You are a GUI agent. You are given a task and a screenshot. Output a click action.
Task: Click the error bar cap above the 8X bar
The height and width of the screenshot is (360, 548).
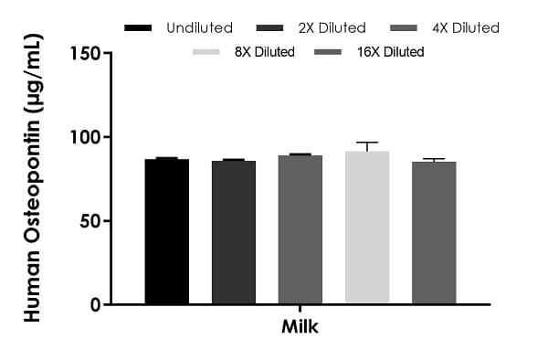point(367,143)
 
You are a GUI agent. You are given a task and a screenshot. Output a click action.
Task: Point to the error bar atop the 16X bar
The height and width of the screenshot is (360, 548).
point(434,159)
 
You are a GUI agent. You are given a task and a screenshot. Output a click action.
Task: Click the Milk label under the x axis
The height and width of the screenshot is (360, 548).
point(300,327)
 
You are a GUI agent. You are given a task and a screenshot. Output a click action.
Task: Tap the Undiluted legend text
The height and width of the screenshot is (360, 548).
point(200,27)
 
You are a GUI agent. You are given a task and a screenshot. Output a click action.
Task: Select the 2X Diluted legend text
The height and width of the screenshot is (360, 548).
point(332,27)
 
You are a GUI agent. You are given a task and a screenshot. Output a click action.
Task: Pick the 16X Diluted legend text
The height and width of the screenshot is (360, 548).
point(391,52)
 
